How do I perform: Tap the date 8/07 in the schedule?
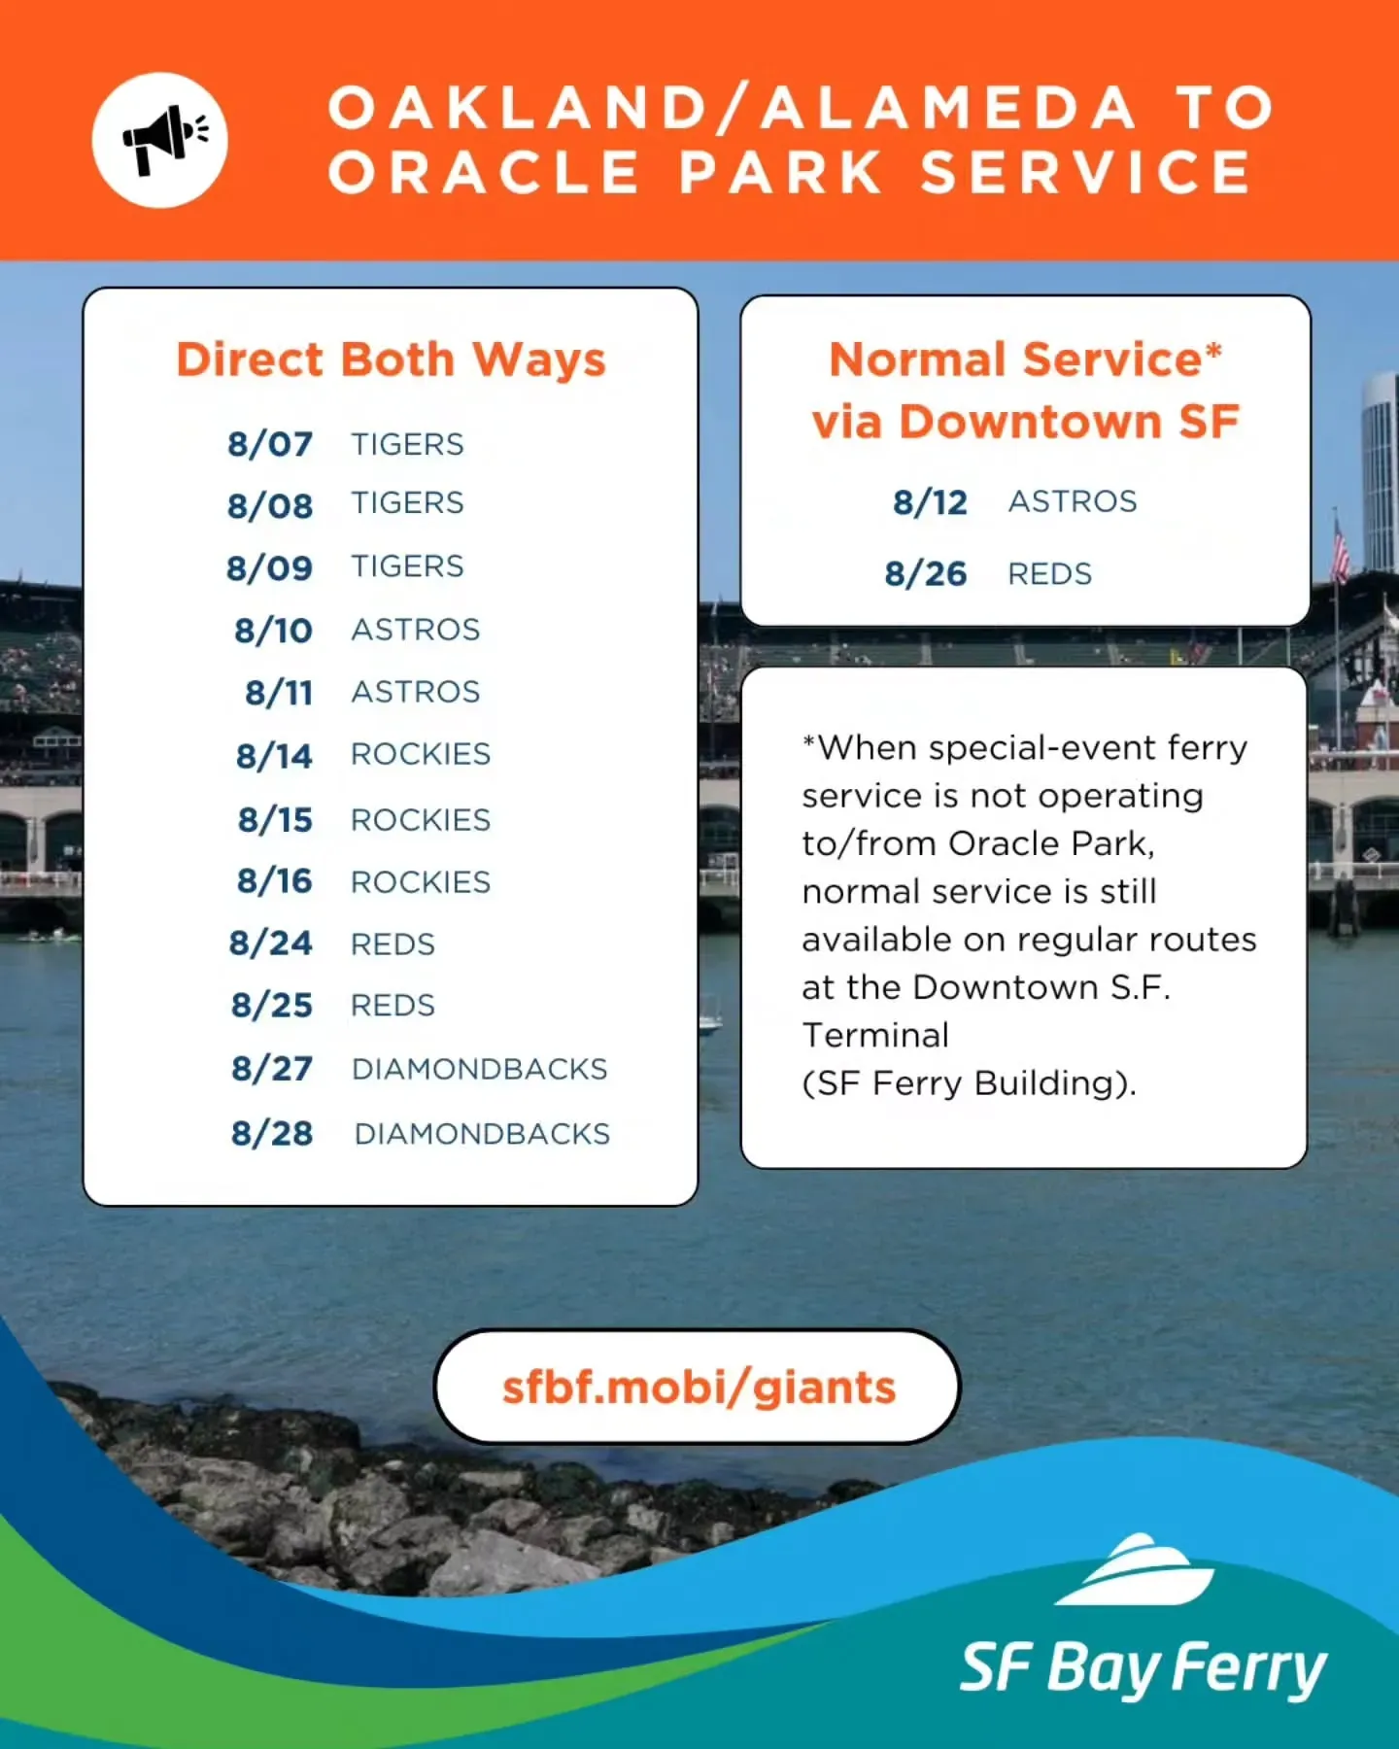270,444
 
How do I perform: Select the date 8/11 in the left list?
279,693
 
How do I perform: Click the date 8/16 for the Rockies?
275,881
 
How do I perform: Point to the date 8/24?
271,943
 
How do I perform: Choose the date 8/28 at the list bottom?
272,1133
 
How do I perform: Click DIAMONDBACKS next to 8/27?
480,1069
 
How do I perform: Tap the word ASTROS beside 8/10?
416,630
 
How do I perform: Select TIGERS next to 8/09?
408,566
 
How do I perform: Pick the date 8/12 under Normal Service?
931,502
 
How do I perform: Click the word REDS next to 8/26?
1050,574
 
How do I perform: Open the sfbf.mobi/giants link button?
698,1387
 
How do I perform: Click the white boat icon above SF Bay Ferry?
1134,1569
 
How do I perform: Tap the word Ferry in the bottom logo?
1249,1667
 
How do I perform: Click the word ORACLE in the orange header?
484,173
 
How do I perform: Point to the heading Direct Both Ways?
391,360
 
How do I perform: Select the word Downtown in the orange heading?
1031,422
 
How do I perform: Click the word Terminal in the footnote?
875,1036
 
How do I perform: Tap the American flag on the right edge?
1340,550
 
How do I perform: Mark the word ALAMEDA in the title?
948,107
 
